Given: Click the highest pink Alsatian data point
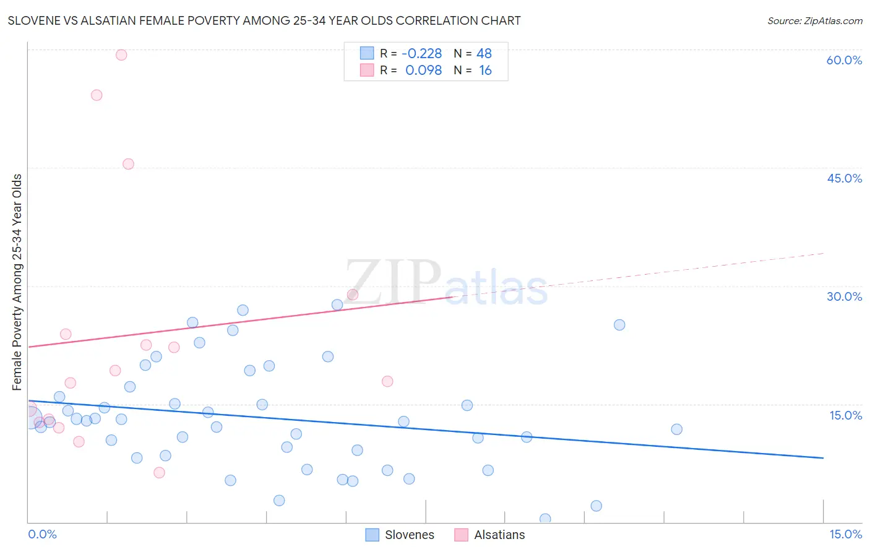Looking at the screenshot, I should [x=121, y=55].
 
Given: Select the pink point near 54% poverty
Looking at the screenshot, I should [x=97, y=95].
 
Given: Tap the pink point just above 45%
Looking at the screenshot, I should [x=128, y=164].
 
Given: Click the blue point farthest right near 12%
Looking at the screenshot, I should [x=676, y=429].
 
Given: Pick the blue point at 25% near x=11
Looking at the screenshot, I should [x=619, y=325].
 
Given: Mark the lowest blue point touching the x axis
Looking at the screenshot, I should [x=545, y=519].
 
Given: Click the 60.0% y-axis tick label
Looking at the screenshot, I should [x=844, y=60].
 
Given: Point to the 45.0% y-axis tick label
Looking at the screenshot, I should [x=844, y=178].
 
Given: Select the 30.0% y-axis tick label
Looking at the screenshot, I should [x=844, y=296].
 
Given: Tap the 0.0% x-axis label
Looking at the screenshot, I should [x=42, y=534].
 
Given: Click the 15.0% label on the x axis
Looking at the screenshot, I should [x=845, y=534].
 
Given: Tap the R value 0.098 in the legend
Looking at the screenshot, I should [x=423, y=71].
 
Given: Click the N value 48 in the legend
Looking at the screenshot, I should [x=484, y=54].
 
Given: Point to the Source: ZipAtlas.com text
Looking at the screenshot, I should [x=814, y=20].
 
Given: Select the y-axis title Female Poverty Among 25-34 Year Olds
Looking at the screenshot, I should [x=17, y=282].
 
